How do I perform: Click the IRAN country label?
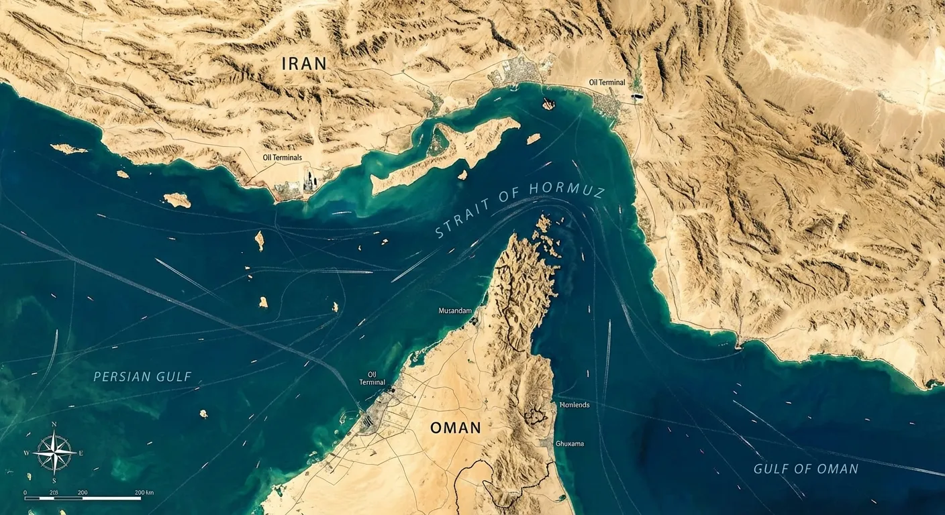pos(304,64)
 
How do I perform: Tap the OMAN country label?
pos(456,427)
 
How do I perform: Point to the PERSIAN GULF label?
pos(142,377)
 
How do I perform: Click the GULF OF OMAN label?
pos(805,469)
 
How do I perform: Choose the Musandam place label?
pos(455,311)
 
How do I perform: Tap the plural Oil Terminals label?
pos(283,158)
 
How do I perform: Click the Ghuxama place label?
pos(570,443)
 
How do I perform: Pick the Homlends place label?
pos(574,405)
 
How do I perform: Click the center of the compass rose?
pos(54,453)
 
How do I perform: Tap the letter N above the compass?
pos(54,424)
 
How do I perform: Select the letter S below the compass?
pos(54,481)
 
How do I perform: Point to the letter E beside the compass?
pos(81,453)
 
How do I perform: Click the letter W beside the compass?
pos(27,453)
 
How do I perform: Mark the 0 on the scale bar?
pos(26,493)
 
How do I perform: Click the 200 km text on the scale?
pos(144,493)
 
